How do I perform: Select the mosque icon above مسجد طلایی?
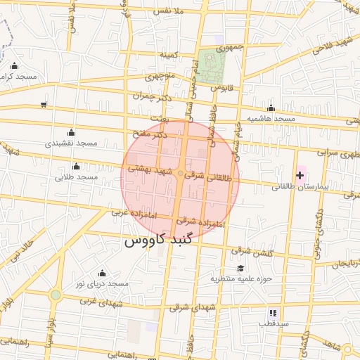(x=76, y=166)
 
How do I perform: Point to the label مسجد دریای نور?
(x=103, y=283)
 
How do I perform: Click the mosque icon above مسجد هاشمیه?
(x=271, y=108)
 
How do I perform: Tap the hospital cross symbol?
(x=301, y=174)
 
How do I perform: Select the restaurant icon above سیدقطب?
(x=273, y=313)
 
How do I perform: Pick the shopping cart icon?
(x=44, y=105)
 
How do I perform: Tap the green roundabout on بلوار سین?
(x=55, y=295)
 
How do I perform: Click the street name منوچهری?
(x=160, y=75)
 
